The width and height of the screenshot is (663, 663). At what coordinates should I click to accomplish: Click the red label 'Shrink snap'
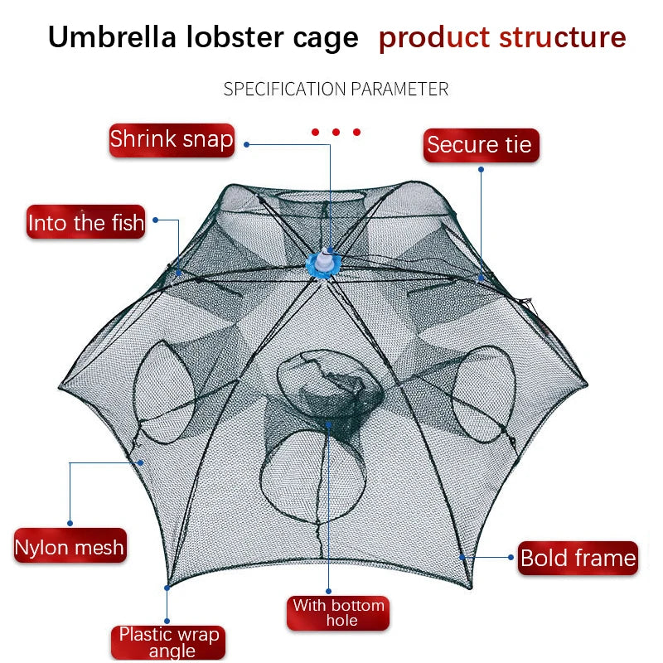pyautogui.click(x=172, y=139)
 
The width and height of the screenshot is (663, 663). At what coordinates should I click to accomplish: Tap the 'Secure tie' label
pyautogui.click(x=480, y=145)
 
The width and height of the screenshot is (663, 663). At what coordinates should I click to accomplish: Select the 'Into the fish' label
pyautogui.click(x=85, y=223)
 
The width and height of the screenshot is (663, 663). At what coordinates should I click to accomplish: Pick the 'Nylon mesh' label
pyautogui.click(x=70, y=547)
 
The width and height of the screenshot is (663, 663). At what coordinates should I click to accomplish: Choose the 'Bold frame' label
pyautogui.click(x=578, y=558)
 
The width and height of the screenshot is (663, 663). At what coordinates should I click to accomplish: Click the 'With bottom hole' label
pyautogui.click(x=338, y=613)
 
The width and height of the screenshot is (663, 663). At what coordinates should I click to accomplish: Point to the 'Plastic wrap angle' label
pyautogui.click(x=168, y=642)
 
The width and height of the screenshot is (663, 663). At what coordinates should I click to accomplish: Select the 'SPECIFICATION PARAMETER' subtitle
pyautogui.click(x=336, y=89)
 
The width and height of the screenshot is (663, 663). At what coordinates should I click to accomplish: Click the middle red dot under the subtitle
pyautogui.click(x=336, y=132)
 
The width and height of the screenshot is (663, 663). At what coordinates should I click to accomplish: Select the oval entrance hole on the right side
pyautogui.click(x=482, y=394)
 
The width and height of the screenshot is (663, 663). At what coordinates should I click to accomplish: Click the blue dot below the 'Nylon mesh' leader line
pyautogui.click(x=70, y=523)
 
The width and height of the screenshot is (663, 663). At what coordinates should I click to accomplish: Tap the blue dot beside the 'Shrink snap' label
pyautogui.click(x=246, y=144)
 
